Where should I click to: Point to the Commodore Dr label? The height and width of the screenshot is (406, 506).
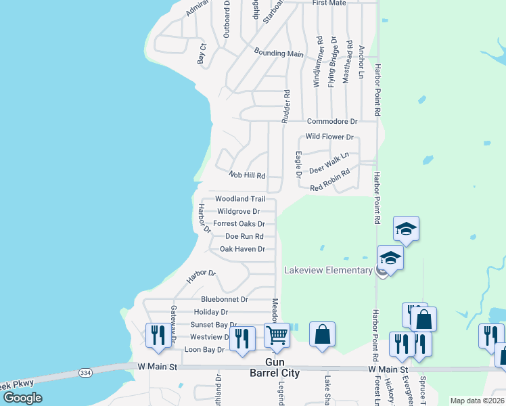tap(331, 121)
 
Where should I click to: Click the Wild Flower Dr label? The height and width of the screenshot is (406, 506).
tap(329, 137)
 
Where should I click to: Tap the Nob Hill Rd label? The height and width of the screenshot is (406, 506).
tap(246, 175)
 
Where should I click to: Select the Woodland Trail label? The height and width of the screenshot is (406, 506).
tap(239, 199)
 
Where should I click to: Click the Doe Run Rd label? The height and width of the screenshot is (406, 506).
tap(244, 236)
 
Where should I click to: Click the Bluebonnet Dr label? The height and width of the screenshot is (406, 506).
tap(225, 299)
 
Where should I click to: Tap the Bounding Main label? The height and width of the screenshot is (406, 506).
tap(279, 53)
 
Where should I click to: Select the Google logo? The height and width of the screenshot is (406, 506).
tap(22, 398)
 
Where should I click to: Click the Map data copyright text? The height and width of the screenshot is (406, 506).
tap(477, 401)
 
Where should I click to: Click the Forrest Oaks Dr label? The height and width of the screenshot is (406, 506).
tap(239, 223)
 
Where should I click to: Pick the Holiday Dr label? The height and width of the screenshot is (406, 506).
tap(210, 312)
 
